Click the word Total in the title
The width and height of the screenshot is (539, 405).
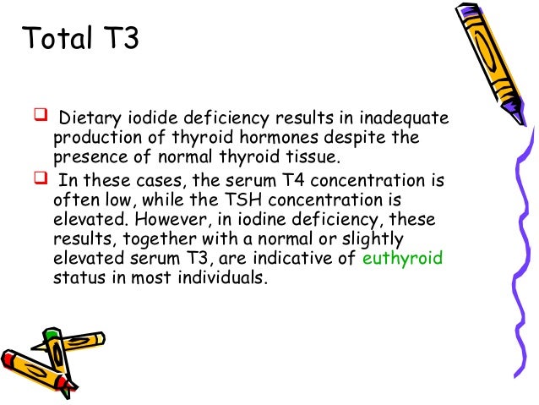55,40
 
